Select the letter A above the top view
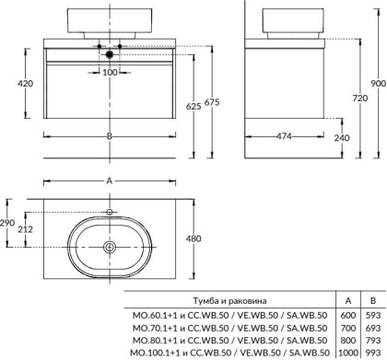[x=110, y=183]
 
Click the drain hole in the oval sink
[x=110, y=246]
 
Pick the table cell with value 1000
[x=346, y=353]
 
